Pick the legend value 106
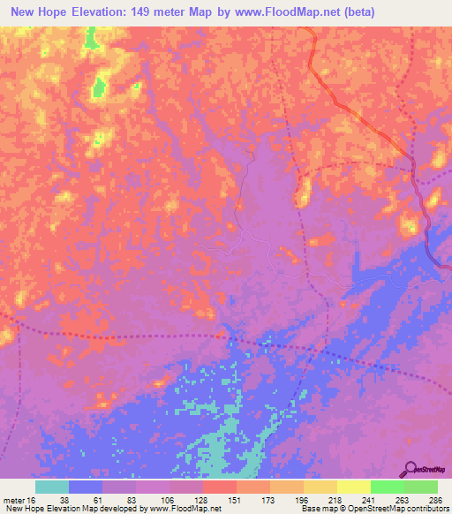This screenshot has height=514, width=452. tap(168, 499)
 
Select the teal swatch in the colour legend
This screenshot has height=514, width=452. tap(52, 487)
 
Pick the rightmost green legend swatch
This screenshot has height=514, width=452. tap(421, 487)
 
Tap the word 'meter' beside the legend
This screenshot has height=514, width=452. tap(13, 499)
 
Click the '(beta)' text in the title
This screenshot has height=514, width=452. tap(361, 11)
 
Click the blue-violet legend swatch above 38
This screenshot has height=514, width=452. tap(86, 487)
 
